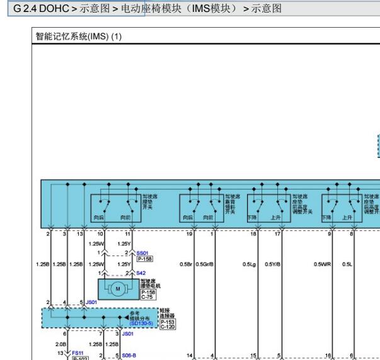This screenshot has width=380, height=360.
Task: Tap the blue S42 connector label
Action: [141, 273]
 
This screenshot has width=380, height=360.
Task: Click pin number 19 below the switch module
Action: [189, 234]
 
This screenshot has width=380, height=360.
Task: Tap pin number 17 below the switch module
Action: [278, 234]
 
